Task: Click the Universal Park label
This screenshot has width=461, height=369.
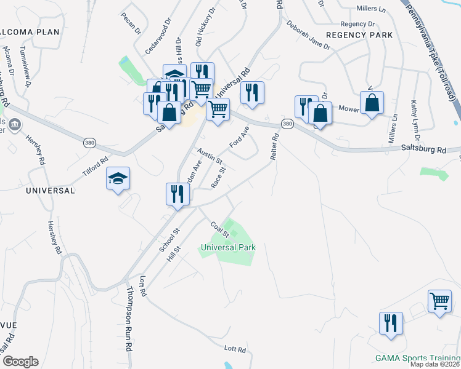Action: [x=228, y=247]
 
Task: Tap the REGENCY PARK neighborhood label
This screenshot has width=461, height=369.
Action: [x=359, y=35]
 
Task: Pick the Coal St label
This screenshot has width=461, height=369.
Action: [x=220, y=229]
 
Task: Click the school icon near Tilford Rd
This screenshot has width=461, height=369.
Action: [x=118, y=179]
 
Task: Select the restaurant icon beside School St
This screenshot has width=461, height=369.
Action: [x=177, y=194]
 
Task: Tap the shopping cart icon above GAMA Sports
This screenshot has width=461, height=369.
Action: [x=439, y=302]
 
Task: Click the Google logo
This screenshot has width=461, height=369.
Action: [x=20, y=362]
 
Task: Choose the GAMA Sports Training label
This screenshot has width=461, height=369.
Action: [x=417, y=358]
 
